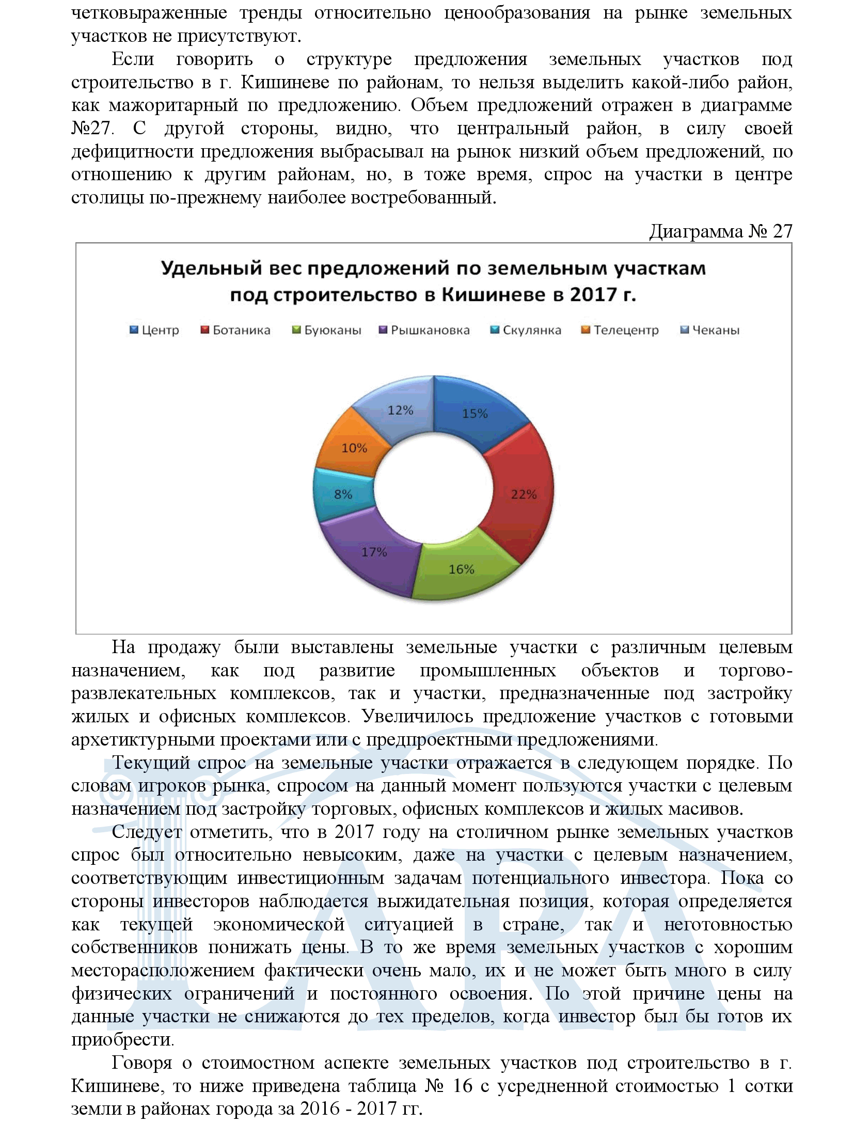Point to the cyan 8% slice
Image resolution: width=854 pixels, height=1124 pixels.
click(343, 494)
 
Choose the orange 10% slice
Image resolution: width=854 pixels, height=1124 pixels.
click(354, 448)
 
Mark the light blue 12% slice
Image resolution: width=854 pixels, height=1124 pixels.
click(401, 410)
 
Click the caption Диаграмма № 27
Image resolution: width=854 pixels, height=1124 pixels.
click(720, 231)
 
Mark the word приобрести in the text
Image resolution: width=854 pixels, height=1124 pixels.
click(122, 1040)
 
